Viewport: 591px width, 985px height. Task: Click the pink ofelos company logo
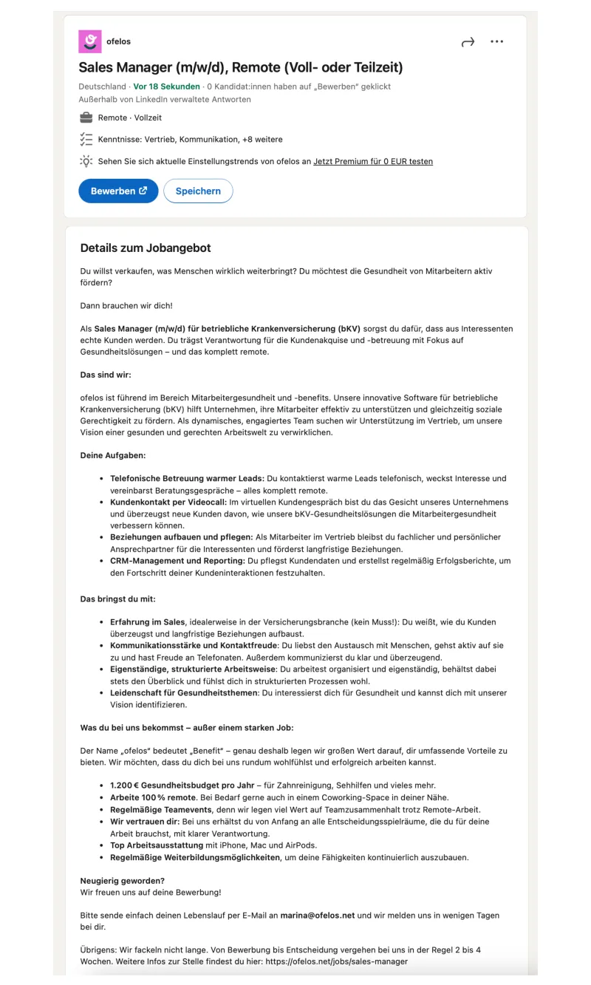pos(90,41)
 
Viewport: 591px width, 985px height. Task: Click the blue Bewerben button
pos(118,191)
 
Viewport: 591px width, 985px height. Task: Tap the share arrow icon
pos(468,42)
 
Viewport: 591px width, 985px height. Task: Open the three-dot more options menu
pos(497,42)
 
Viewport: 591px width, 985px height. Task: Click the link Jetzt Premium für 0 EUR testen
pos(373,161)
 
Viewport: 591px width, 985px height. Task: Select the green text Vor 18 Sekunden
pos(166,86)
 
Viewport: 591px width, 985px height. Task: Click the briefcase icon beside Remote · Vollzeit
pos(86,117)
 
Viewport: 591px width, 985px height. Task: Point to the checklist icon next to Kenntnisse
pos(86,139)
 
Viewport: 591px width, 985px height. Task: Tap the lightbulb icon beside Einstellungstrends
pos(86,161)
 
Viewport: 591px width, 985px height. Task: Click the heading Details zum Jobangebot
pos(146,248)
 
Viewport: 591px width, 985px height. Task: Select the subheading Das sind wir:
pos(106,375)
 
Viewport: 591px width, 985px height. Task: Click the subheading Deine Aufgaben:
pos(113,455)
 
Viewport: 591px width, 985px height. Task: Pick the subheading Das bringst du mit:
pos(118,599)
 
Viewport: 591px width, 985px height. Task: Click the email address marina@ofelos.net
pos(318,915)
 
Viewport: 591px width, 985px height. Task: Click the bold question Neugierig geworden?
pos(123,881)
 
